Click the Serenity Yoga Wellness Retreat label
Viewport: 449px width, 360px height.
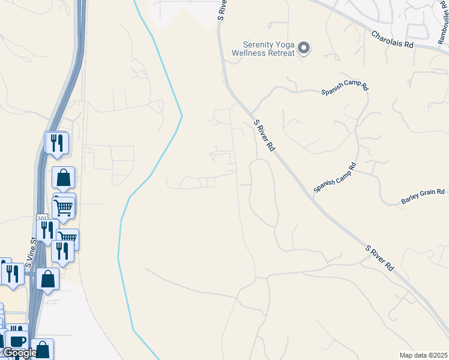[x=268, y=48]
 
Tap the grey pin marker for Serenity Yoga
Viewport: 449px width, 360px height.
[x=304, y=48]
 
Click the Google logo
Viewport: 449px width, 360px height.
[x=19, y=353]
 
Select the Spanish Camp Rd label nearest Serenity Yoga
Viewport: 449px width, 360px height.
[x=345, y=88]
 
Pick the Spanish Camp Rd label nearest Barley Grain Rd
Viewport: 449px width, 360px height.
[x=334, y=178]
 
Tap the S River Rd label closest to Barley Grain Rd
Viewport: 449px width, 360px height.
[x=379, y=257]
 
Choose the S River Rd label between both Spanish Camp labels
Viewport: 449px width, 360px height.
[x=264, y=135]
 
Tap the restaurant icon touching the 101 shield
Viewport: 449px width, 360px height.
[x=46, y=229]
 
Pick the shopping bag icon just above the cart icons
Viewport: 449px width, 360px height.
[x=63, y=178]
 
